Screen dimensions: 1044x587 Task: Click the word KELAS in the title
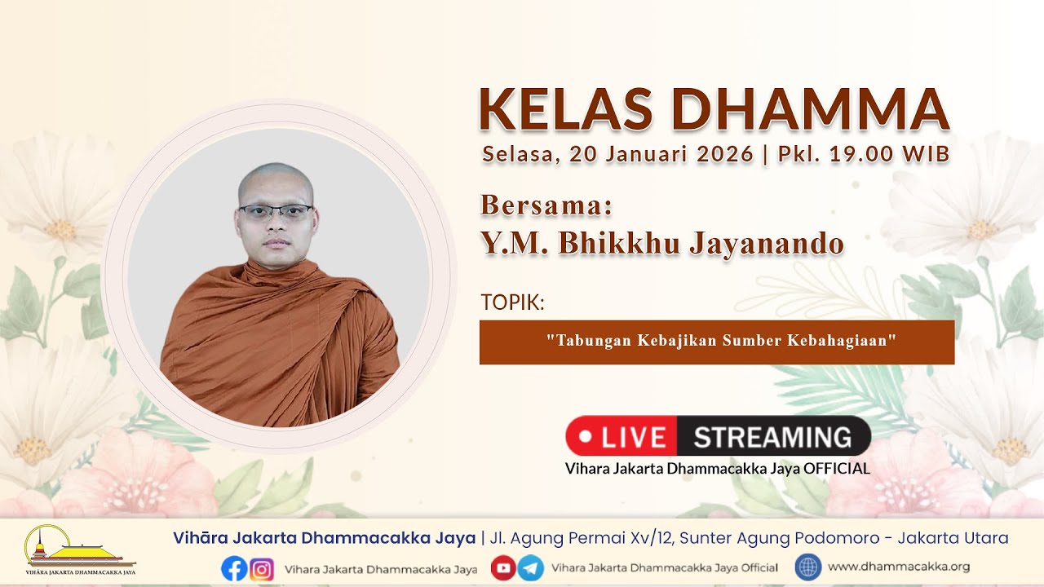(565, 109)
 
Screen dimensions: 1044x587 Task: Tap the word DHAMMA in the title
(811, 109)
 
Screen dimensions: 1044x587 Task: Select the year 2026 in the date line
(725, 154)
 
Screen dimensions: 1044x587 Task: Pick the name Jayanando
(767, 243)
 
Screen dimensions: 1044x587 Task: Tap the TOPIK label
(512, 302)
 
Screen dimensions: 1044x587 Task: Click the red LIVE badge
(622, 436)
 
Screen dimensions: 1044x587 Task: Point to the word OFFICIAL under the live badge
(836, 468)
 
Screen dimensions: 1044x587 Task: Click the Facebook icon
(234, 569)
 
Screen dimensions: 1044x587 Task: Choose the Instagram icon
(262, 569)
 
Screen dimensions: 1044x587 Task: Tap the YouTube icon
(503, 567)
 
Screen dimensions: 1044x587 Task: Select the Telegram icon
(530, 567)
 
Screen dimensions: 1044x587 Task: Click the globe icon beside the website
(808, 567)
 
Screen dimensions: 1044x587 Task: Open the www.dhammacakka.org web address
(899, 567)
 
